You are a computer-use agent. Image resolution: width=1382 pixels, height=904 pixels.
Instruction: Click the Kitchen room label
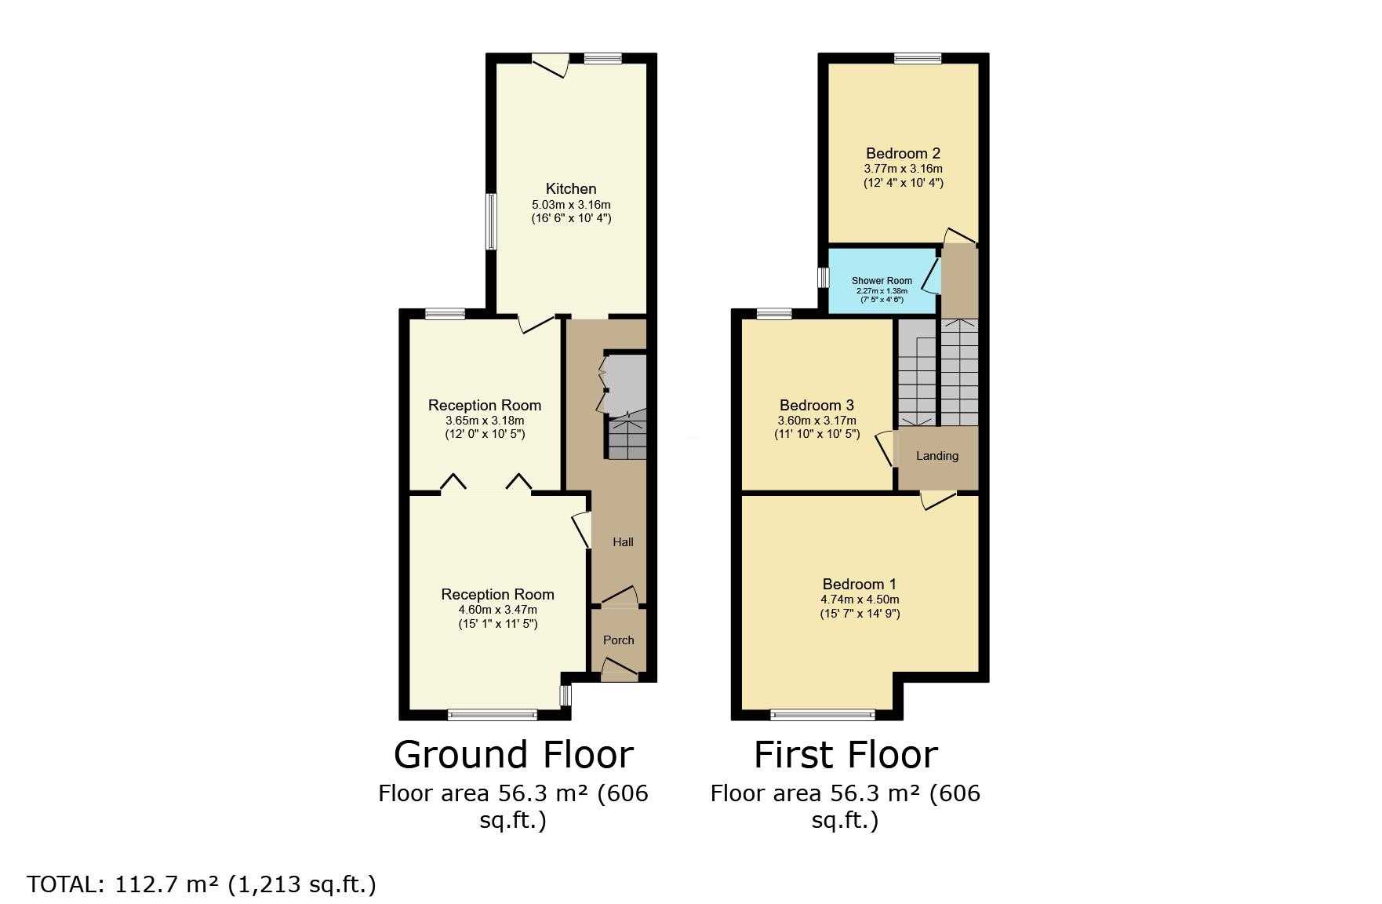(571, 188)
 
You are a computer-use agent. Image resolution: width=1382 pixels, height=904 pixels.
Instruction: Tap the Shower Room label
(882, 281)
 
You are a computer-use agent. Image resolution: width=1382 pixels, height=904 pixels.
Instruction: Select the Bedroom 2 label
(903, 153)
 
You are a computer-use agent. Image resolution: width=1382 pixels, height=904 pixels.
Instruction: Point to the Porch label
(619, 640)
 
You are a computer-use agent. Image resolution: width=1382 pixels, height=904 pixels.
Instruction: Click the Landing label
(937, 456)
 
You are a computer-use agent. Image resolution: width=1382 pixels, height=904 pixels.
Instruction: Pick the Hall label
(623, 542)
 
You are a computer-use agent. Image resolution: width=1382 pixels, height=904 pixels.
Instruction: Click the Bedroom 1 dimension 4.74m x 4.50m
(860, 600)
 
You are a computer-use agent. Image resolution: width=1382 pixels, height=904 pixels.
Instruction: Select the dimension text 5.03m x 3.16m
(571, 204)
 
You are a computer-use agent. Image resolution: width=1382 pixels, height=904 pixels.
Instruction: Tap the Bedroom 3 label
(816, 405)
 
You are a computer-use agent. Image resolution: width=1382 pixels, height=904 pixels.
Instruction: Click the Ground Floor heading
(513, 754)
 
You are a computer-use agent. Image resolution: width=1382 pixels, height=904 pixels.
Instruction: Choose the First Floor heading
(846, 754)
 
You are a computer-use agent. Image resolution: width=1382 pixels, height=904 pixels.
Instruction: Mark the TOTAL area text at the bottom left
(202, 884)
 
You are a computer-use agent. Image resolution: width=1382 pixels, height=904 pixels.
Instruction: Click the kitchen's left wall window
(491, 222)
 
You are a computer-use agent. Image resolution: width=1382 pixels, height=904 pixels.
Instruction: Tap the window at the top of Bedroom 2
(918, 58)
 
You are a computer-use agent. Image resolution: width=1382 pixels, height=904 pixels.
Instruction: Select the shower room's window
(824, 278)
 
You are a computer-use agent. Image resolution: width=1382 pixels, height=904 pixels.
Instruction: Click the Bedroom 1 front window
(823, 714)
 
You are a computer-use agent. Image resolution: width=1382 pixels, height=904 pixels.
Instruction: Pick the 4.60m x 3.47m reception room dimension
(497, 610)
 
